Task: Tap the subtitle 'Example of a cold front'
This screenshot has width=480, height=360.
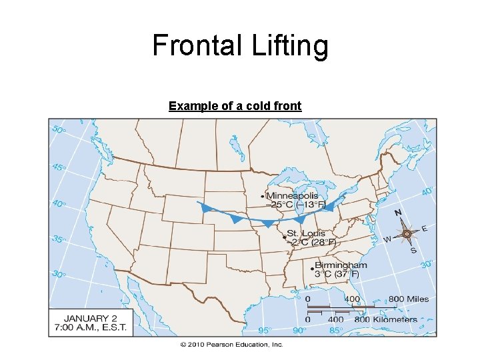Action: (x=235, y=106)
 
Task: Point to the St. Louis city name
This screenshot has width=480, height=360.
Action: (x=306, y=233)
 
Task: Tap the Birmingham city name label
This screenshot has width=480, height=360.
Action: (x=341, y=265)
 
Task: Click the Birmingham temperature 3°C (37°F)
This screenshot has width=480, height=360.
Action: (x=337, y=274)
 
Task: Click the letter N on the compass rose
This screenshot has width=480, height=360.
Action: (x=398, y=213)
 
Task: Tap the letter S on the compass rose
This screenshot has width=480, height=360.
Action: (x=413, y=250)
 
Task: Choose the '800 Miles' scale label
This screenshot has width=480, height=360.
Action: (x=409, y=299)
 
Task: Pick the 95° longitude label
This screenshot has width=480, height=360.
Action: (x=265, y=330)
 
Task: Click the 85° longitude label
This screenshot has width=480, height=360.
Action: (x=336, y=330)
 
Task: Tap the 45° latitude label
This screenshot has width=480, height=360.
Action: (x=59, y=167)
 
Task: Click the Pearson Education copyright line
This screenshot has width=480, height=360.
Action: (x=231, y=345)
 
